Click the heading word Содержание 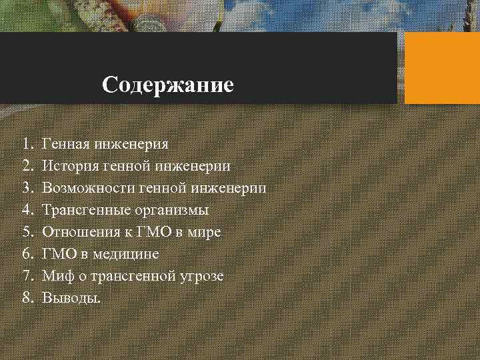click(x=168, y=85)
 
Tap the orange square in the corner click(x=442, y=68)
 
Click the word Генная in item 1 click(x=65, y=143)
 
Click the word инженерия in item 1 click(x=131, y=144)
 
